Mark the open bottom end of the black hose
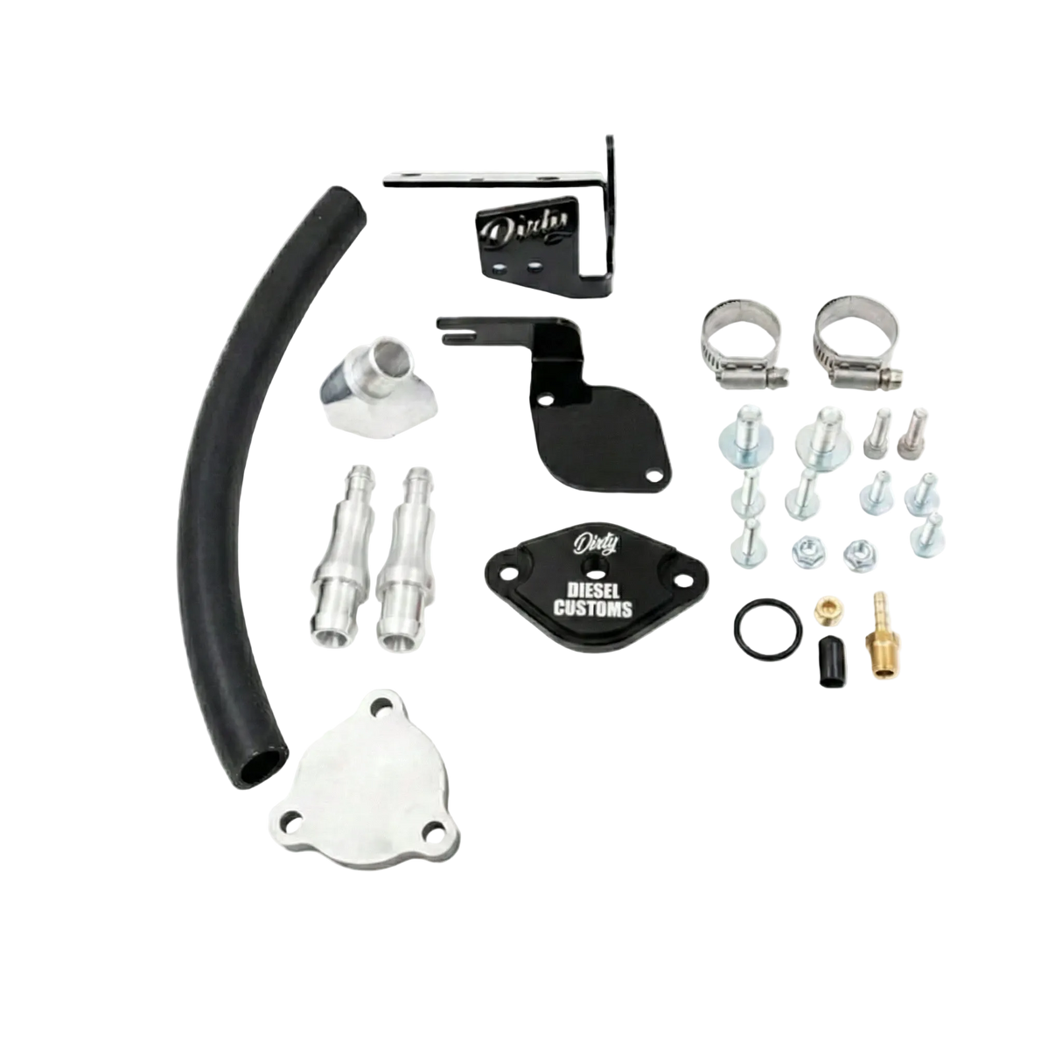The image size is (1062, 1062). (x=263, y=767)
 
